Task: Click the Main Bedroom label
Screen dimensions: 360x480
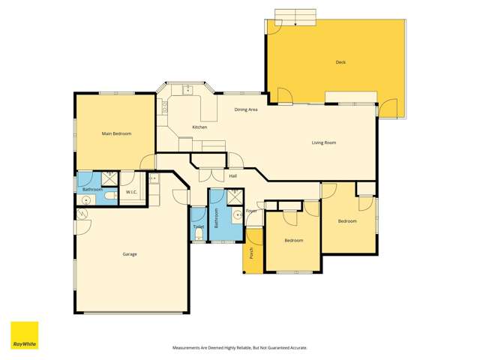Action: (116, 133)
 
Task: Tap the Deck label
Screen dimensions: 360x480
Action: (340, 62)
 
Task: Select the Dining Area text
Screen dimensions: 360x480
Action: (246, 109)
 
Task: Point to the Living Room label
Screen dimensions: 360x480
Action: (324, 142)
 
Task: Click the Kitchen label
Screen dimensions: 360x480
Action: (199, 127)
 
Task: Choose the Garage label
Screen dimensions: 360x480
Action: (130, 254)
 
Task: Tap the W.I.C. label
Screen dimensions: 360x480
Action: (130, 192)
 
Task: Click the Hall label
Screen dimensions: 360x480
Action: (233, 175)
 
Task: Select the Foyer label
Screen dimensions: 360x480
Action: (251, 211)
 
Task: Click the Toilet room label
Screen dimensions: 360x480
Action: (198, 226)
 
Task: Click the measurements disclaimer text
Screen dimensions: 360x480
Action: (240, 348)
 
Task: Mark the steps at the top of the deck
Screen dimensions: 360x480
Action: (296, 17)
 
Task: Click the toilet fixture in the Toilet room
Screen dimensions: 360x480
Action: (198, 235)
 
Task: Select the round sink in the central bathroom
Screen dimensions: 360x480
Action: (237, 215)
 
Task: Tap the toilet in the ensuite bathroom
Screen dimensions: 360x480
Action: (110, 196)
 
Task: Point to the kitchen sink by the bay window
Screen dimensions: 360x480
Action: (188, 91)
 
